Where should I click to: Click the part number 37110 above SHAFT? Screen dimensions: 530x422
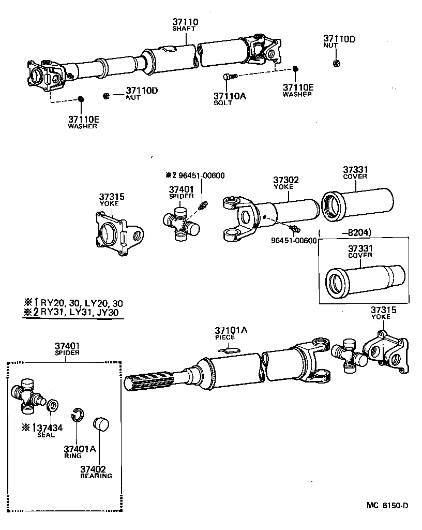pos(185,22)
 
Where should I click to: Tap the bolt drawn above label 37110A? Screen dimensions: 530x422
pos(230,77)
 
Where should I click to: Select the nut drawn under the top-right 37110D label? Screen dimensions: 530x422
pos(335,63)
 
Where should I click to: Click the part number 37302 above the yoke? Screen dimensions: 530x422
pos(286,180)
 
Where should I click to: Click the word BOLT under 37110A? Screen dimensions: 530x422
pos(223,102)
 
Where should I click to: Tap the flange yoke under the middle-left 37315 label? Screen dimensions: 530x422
pos(118,233)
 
